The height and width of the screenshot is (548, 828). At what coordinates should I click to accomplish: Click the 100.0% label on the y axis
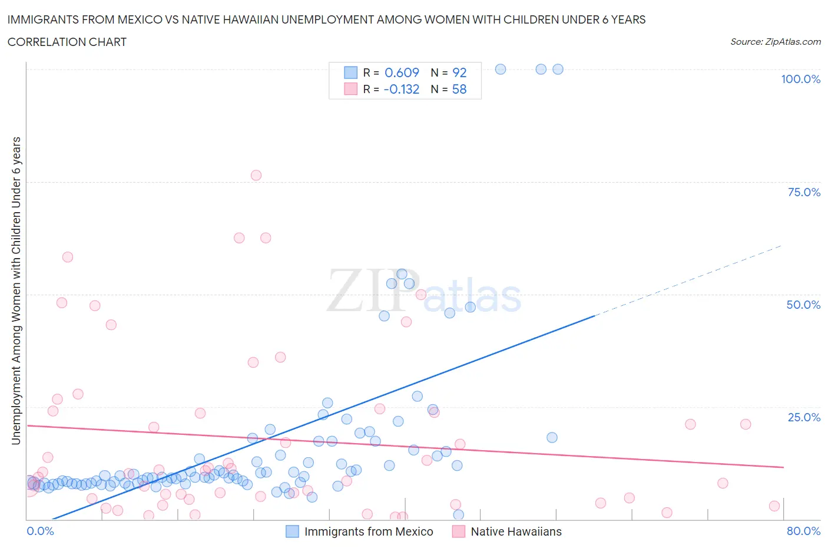(800, 79)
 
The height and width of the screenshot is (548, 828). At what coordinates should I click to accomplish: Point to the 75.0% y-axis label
(804, 192)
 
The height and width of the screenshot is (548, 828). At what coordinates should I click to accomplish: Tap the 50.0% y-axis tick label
(803, 305)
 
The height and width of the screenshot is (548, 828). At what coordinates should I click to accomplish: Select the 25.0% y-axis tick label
(804, 417)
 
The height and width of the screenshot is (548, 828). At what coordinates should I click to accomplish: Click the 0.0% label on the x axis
(40, 531)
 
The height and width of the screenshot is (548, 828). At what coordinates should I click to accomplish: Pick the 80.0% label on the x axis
(803, 531)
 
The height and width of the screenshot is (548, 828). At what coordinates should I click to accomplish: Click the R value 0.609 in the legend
(402, 72)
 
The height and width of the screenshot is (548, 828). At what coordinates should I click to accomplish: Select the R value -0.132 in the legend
(402, 90)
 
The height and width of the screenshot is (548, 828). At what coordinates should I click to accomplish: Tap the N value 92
(459, 72)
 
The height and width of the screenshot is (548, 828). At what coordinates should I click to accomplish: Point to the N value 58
(459, 90)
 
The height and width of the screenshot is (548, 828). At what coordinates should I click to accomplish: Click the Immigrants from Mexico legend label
(368, 532)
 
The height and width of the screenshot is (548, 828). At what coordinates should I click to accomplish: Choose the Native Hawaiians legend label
(516, 532)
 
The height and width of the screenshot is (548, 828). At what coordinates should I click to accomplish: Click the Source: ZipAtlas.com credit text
(775, 42)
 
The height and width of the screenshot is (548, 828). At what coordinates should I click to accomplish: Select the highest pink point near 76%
(256, 175)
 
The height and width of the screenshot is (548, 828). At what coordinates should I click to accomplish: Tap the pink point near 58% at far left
(68, 257)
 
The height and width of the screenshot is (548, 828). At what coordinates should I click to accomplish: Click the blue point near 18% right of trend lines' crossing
(552, 437)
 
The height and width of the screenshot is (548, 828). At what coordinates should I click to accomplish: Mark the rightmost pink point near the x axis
(774, 506)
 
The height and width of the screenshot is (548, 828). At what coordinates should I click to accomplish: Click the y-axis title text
(16, 290)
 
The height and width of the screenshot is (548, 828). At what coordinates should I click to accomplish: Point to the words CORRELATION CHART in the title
(67, 42)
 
